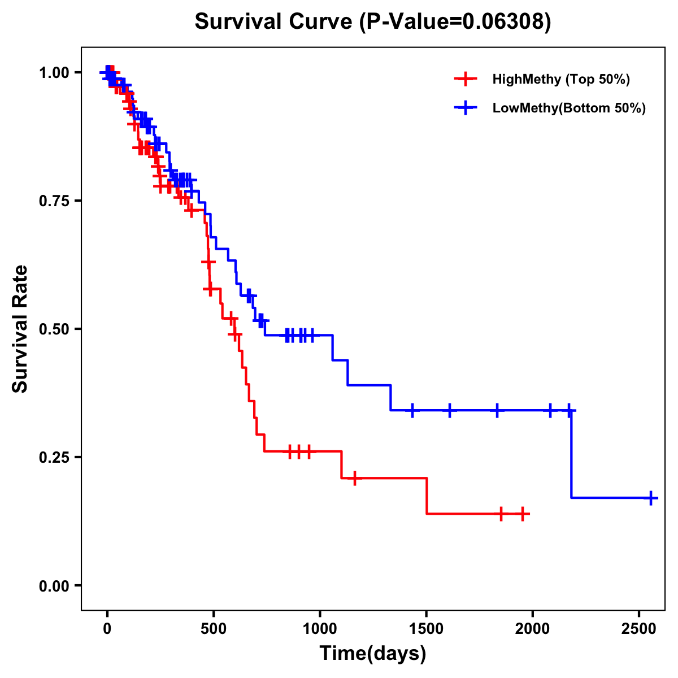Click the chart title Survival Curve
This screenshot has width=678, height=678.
coord(372,21)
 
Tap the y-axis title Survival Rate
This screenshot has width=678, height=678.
coord(20,328)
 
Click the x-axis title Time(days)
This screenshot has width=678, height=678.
coord(372,653)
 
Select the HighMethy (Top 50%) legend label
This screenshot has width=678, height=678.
coord(560,79)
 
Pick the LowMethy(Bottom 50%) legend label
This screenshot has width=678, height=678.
coord(568,108)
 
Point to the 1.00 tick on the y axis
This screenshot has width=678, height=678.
coord(54,73)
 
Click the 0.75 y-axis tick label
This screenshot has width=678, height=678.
coord(54,201)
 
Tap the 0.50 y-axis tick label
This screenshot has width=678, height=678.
coord(54,329)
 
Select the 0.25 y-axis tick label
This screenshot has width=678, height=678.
coord(54,457)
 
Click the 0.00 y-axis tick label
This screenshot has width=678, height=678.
coord(54,586)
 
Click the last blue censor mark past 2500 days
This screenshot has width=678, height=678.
coord(651,498)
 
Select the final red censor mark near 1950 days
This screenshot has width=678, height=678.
coord(523,514)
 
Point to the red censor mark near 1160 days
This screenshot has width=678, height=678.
coord(354,478)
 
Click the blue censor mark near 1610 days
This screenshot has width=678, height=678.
coord(450,410)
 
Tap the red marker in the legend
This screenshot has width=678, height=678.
coord(465,79)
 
